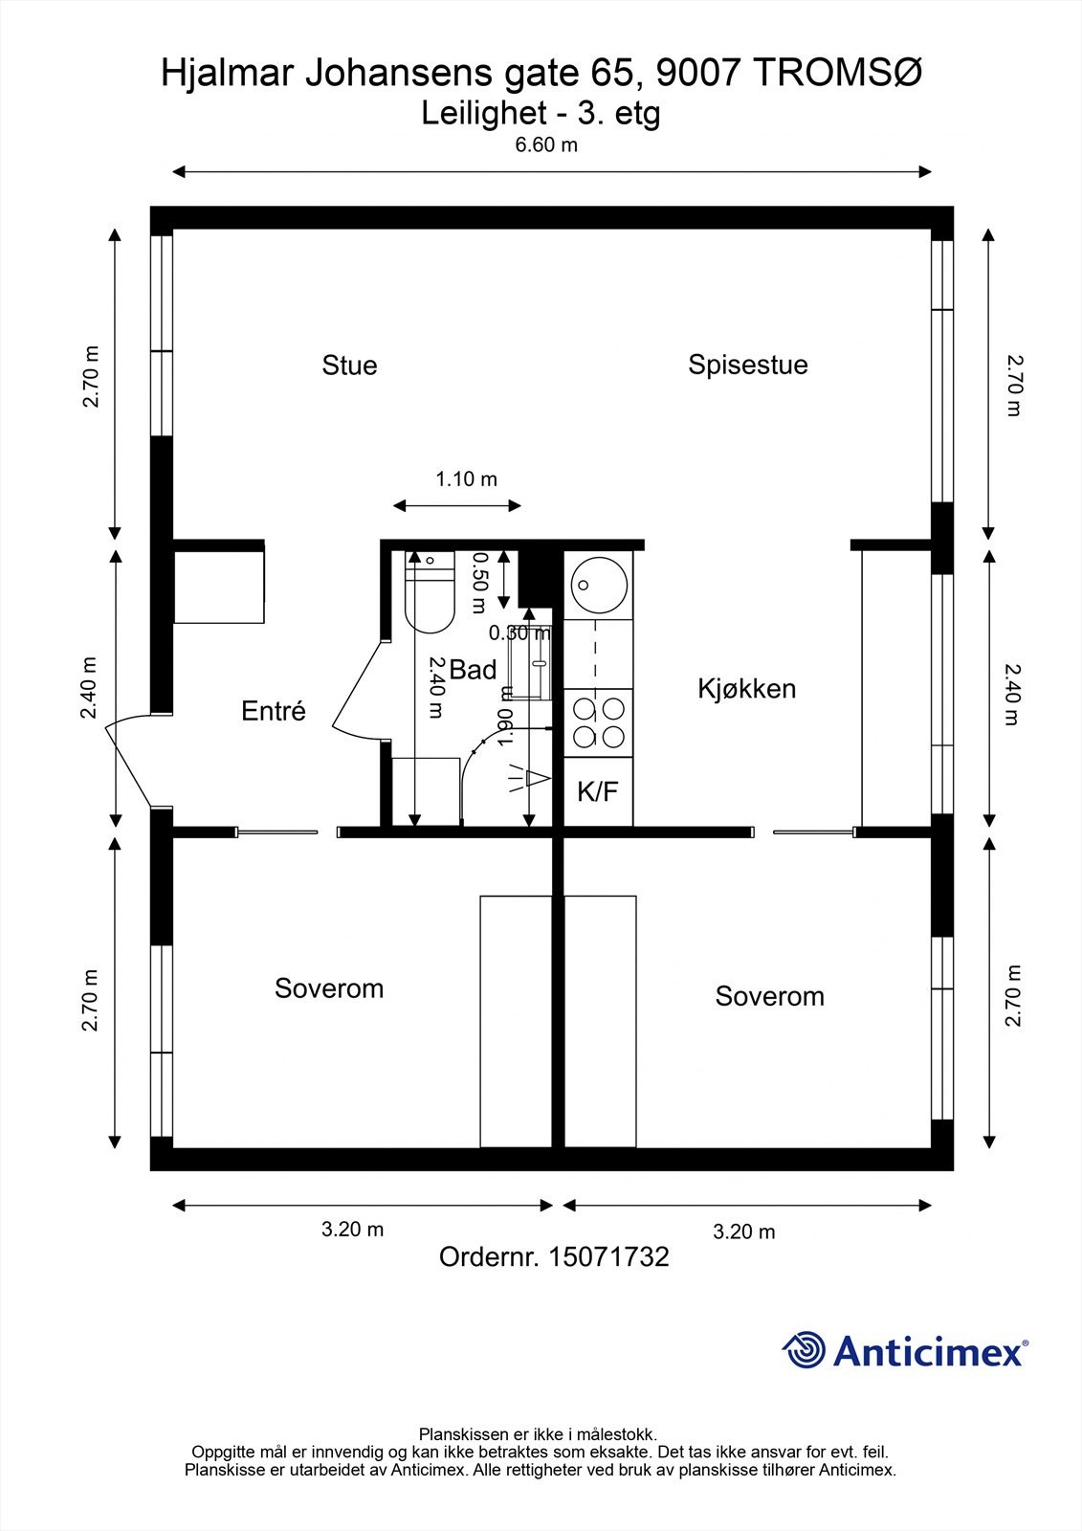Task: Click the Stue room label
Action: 349,366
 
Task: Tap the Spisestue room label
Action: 747,365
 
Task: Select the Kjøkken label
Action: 746,689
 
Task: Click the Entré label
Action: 274,711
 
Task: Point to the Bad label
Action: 473,670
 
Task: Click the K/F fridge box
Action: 598,791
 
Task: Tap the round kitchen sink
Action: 599,582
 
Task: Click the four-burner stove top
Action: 599,722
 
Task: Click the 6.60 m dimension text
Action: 546,145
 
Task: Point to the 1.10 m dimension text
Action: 467,479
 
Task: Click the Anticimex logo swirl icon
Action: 804,1351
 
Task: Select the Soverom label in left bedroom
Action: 329,988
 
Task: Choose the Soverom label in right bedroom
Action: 769,996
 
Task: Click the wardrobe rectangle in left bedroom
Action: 517,1021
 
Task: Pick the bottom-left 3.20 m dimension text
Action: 352,1230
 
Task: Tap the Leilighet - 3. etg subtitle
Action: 541,114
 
